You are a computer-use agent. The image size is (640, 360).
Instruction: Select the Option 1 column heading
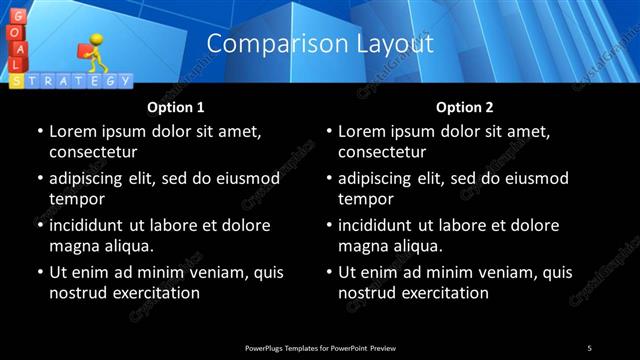click(x=176, y=106)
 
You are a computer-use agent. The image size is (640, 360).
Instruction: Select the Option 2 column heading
click(x=465, y=106)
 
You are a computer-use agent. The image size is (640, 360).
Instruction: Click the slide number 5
click(x=589, y=347)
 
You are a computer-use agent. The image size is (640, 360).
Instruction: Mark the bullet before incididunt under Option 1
click(x=39, y=226)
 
